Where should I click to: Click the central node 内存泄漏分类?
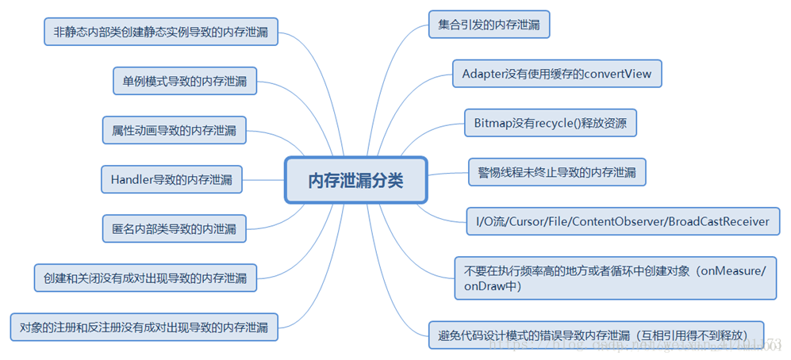[x=355, y=180]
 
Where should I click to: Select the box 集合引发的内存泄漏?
[x=489, y=25]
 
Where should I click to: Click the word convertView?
[x=617, y=74]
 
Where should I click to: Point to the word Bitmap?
[x=493, y=123]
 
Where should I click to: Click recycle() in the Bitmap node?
[x=541, y=123]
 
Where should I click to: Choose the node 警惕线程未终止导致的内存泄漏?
[x=556, y=171]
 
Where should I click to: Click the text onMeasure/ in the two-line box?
[x=740, y=271]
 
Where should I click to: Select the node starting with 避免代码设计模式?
[x=596, y=333]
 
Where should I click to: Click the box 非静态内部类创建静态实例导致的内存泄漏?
[x=160, y=33]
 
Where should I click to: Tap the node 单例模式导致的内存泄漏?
[x=184, y=81]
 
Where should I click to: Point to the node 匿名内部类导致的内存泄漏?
[x=174, y=228]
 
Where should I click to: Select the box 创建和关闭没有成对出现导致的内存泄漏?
[x=145, y=278]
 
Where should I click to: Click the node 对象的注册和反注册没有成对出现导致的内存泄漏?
[x=144, y=327]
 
